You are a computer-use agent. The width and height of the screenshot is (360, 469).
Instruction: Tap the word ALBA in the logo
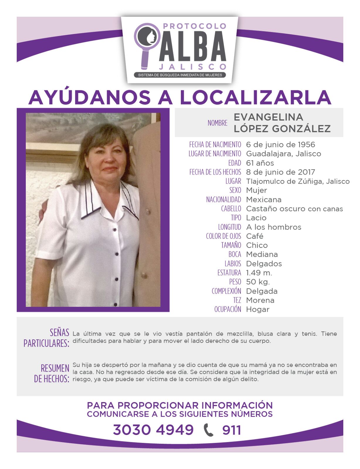(193, 47)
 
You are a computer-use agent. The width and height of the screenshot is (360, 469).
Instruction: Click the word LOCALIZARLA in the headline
(255, 98)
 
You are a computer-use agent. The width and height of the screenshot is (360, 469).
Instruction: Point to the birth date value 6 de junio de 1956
(281, 145)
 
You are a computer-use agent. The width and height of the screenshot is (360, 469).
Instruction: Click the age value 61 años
(260, 163)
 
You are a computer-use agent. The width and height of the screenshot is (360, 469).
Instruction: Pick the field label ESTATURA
(229, 273)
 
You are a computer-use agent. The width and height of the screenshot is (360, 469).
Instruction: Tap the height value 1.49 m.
(259, 273)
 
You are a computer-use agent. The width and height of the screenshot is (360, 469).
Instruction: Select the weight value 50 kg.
(258, 282)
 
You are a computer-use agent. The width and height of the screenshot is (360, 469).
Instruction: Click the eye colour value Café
(254, 236)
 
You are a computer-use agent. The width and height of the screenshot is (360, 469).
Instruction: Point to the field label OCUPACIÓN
(227, 309)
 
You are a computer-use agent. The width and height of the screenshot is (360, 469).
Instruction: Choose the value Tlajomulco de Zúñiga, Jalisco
(298, 181)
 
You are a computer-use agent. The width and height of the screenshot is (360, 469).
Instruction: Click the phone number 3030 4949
(153, 430)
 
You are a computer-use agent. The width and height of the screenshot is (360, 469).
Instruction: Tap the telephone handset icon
(208, 430)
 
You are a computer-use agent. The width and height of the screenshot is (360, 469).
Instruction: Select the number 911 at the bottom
(232, 430)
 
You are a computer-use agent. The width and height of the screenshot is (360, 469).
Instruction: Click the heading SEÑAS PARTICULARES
(47, 338)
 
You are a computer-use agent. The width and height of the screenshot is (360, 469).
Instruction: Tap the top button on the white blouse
(115, 229)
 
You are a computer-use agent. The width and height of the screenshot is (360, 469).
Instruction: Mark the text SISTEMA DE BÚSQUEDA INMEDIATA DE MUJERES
(180, 75)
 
